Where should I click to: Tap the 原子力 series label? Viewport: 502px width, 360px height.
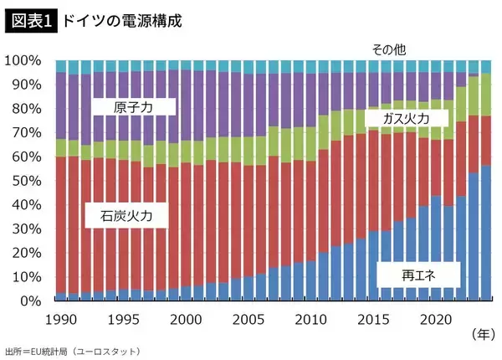pyautogui.click(x=133, y=107)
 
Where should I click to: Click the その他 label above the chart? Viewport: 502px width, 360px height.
pyautogui.click(x=389, y=49)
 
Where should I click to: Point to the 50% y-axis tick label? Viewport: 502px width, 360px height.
pyautogui.click(x=26, y=181)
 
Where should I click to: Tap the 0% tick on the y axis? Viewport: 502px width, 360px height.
pyautogui.click(x=30, y=301)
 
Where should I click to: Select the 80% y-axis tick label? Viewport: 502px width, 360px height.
pyautogui.click(x=26, y=109)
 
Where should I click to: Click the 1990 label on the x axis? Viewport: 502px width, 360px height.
pyautogui.click(x=60, y=319)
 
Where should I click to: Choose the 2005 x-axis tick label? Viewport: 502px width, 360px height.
pyautogui.click(x=249, y=319)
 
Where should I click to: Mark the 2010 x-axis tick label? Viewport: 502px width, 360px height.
pyautogui.click(x=311, y=319)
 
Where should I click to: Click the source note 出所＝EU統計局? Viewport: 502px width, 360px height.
pyautogui.click(x=72, y=350)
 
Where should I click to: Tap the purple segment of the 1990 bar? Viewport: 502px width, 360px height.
pyautogui.click(x=60, y=105)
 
